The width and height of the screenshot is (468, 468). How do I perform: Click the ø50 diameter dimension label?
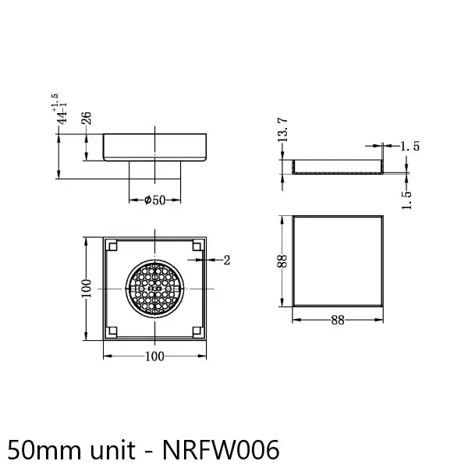pyautogui.click(x=156, y=200)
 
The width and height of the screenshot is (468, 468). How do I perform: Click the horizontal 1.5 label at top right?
pyautogui.click(x=410, y=146)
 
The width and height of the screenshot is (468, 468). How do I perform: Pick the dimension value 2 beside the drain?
pyautogui.click(x=226, y=261)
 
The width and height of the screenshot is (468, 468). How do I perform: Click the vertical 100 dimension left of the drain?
pyautogui.click(x=87, y=288)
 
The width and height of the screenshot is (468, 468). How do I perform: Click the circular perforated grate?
pyautogui.click(x=156, y=288)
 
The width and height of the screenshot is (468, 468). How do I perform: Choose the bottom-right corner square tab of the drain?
pyautogui.click(x=198, y=330)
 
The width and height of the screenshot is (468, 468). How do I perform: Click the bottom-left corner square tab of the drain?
pyautogui.click(x=113, y=330)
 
